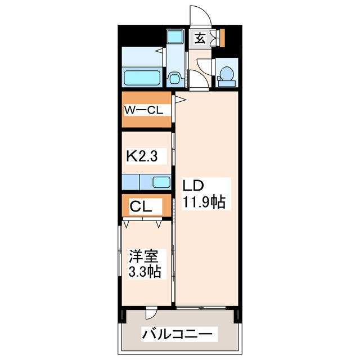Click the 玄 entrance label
pyautogui.click(x=199, y=38)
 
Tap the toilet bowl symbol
pyautogui.click(x=227, y=75)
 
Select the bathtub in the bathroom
pyautogui.click(x=143, y=76)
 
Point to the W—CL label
pyautogui.click(x=144, y=110)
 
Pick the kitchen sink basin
pyautogui.click(x=161, y=182)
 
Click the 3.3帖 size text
pyautogui.click(x=146, y=272)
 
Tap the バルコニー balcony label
pyautogui.click(x=178, y=334)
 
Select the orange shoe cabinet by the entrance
pyautogui.click(x=222, y=37)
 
